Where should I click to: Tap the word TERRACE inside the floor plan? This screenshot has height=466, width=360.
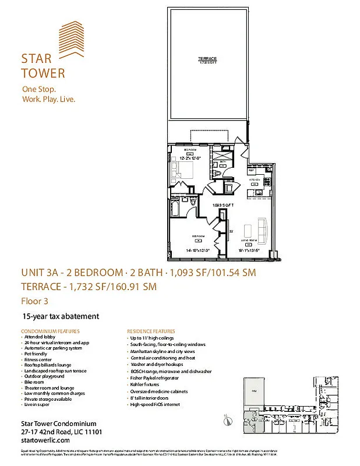[x=207, y=59]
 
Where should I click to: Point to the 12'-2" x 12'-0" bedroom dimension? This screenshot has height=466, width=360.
[x=189, y=158]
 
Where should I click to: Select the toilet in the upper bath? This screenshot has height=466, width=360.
[x=218, y=172]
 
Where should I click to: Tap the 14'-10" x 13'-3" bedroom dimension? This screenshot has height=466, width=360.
[x=197, y=250]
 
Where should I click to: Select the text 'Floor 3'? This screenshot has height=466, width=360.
[x=34, y=301]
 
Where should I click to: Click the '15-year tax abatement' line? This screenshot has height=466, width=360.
[x=61, y=316]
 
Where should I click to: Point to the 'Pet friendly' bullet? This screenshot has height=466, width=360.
[x=36, y=354]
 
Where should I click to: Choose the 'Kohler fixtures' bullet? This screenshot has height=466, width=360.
[x=145, y=384]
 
